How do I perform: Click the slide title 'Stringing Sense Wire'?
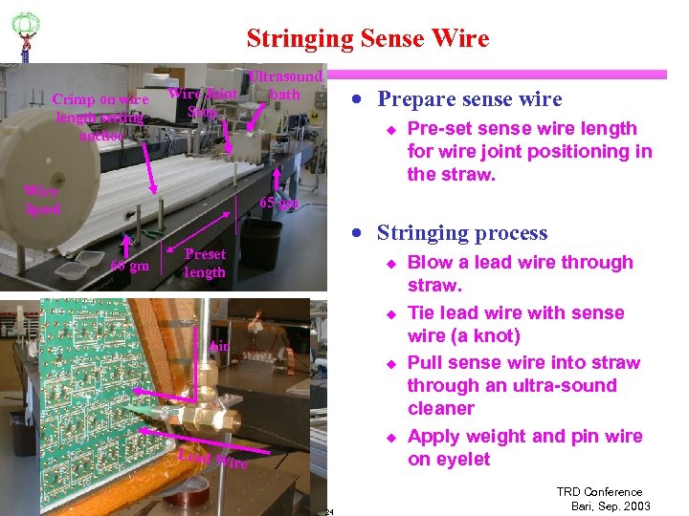click(367, 38)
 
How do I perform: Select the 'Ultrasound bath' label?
click(285, 85)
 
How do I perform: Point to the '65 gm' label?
click(279, 203)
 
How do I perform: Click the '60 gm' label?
click(129, 266)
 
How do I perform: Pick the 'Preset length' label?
click(205, 263)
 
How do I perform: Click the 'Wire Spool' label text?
click(43, 200)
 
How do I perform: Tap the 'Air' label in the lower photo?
click(220, 346)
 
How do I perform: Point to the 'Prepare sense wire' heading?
click(469, 99)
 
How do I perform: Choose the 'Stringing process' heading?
click(462, 233)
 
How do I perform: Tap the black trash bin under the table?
click(258, 244)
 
